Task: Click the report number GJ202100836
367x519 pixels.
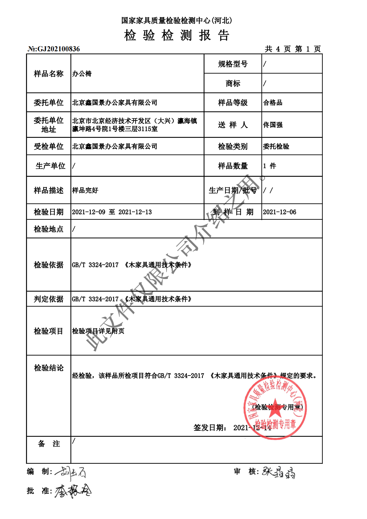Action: (54, 49)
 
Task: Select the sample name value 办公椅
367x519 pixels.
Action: (82, 74)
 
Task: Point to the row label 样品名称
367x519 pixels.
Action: (49, 74)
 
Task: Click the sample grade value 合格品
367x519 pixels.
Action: (273, 103)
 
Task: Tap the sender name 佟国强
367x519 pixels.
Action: (273, 125)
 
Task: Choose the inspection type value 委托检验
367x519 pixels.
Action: (276, 146)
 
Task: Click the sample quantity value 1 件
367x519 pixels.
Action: (269, 166)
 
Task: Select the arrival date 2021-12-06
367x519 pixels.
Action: (279, 212)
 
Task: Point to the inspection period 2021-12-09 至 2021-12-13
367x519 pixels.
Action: (112, 212)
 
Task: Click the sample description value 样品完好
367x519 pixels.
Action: (85, 190)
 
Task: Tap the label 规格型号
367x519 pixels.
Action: (233, 64)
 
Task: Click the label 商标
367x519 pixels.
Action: (233, 83)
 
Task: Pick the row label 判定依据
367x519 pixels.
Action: (49, 299)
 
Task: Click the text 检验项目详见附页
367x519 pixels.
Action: (98, 331)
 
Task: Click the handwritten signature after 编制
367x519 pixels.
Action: (71, 472)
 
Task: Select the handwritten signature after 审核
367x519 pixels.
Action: (278, 472)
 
